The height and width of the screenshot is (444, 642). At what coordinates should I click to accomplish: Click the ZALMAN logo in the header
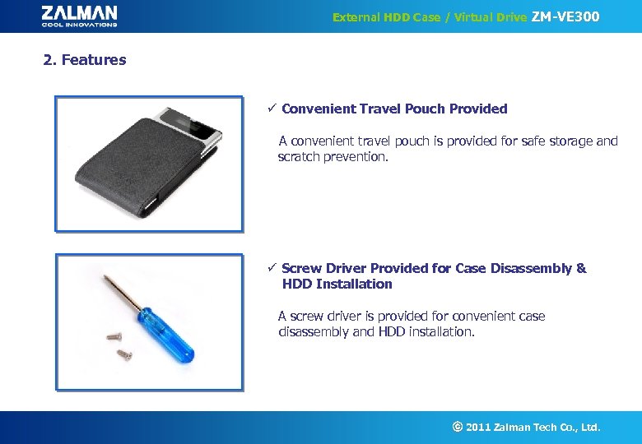[79, 12]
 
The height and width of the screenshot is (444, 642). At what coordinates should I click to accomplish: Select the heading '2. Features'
[85, 59]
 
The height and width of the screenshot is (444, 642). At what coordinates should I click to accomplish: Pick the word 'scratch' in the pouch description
[299, 156]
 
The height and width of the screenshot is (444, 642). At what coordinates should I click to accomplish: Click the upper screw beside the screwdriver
[114, 335]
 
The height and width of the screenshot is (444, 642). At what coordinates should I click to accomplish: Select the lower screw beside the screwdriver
[124, 354]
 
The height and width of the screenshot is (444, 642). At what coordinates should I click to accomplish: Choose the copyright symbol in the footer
[457, 427]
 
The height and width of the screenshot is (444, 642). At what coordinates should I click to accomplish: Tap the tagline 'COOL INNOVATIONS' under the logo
[79, 24]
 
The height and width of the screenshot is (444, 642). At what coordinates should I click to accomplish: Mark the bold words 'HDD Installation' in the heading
[337, 284]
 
